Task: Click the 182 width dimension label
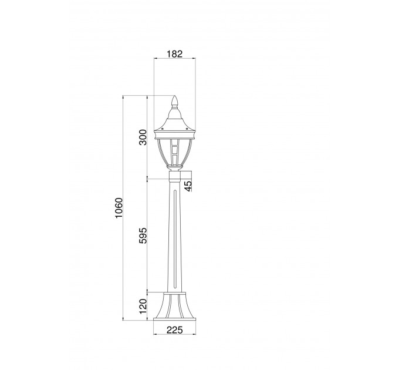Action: click(175, 53)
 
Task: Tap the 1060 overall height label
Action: click(119, 207)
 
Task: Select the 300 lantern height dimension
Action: click(143, 137)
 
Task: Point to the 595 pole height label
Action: click(143, 236)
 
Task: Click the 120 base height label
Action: click(143, 307)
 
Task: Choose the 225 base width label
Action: click(175, 329)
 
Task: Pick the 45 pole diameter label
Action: click(188, 186)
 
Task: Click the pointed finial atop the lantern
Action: click(175, 102)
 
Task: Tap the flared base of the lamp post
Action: click(175, 307)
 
